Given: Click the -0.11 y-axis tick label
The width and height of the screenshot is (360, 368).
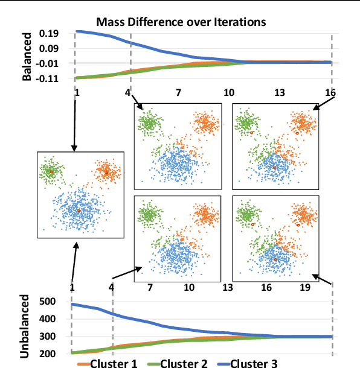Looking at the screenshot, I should pos(48,78).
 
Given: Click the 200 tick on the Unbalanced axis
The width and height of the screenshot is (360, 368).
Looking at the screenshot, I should pos(47,354).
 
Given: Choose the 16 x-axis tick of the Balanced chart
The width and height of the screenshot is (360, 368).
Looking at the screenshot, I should pos(330,94).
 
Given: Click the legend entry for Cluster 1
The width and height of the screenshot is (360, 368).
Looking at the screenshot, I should pos(114,363).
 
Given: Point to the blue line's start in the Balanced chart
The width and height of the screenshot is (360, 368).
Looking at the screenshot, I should pos(76,31).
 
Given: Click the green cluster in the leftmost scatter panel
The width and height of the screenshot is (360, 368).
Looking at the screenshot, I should pos(52,171).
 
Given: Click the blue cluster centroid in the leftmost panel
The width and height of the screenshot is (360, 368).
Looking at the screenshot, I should pos(79,211).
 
